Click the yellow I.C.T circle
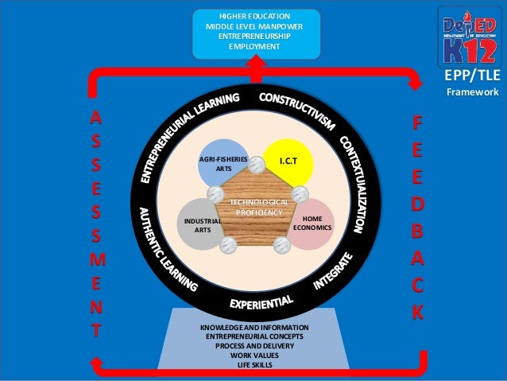tap(289, 161)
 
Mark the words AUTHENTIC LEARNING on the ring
tap(167, 250)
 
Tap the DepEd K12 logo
tap(472, 36)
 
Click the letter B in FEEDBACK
tap(417, 231)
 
